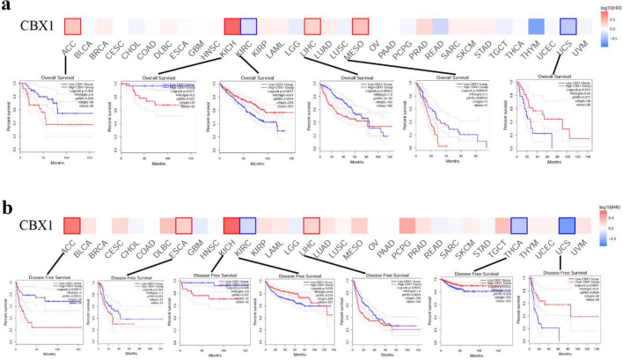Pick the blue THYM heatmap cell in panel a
coord(537,28)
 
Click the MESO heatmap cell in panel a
coord(361,28)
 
